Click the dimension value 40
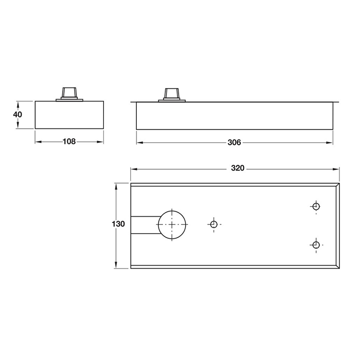pos(17,114)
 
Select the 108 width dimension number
pos(69,142)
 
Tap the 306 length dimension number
pos(234,143)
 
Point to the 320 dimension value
pos(237,169)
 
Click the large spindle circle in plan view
pos(172,224)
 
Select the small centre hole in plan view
pos(214,224)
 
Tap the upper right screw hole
pos(316,207)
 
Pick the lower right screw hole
pos(316,245)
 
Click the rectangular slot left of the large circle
pos(144,225)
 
